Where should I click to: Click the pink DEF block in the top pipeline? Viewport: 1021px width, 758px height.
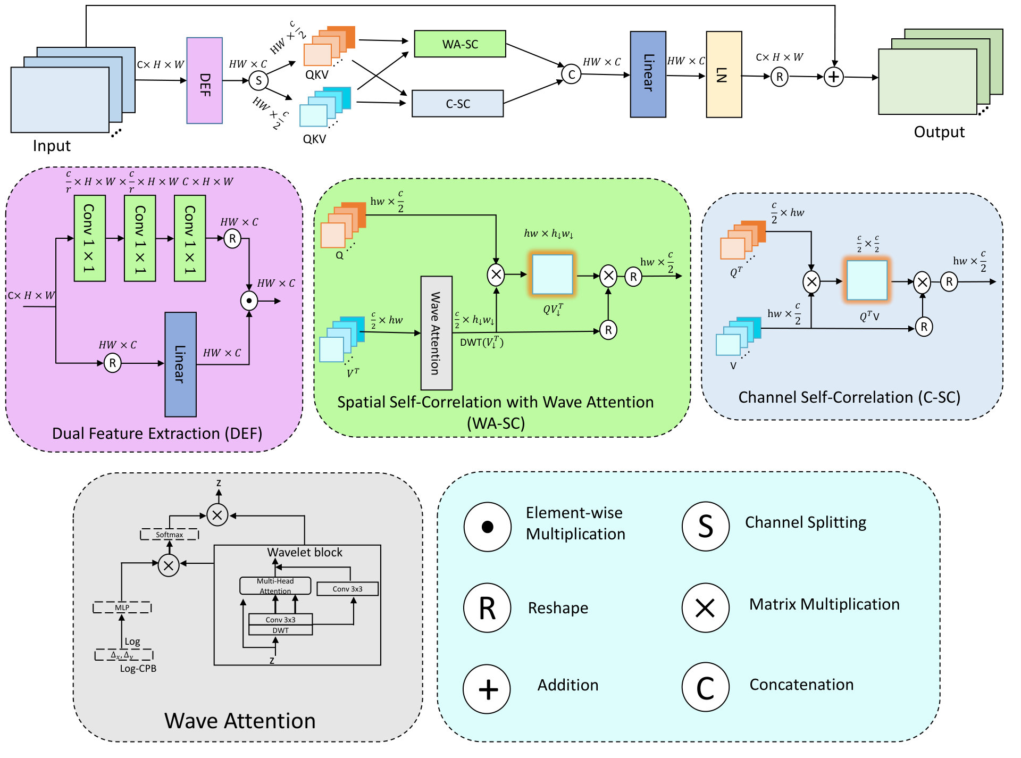tap(204, 80)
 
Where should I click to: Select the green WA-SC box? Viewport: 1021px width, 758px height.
tap(460, 44)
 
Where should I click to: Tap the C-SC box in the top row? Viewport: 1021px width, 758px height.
tap(458, 103)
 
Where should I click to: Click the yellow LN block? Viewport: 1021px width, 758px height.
tap(724, 74)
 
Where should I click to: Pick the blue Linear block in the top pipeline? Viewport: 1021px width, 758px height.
tap(648, 74)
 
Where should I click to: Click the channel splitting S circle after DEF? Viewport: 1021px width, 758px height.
tap(258, 81)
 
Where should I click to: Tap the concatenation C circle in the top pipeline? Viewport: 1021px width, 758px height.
tap(571, 74)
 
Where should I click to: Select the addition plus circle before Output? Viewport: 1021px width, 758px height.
tap(834, 77)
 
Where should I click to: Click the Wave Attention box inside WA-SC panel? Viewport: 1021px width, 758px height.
tap(437, 333)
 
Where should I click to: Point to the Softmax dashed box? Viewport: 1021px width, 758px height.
tap(170, 535)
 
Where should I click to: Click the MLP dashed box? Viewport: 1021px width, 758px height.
tap(122, 607)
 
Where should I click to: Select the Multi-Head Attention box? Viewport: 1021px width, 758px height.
tap(275, 586)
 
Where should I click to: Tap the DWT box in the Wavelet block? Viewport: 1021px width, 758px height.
tap(281, 630)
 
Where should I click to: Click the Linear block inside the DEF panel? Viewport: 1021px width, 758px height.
tap(180, 364)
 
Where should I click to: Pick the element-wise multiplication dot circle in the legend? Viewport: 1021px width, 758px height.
tap(487, 527)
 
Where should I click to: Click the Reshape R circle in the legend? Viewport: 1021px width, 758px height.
tap(487, 607)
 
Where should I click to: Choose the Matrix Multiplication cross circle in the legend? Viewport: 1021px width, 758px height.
tap(706, 607)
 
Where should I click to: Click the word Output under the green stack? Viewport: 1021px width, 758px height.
tap(939, 132)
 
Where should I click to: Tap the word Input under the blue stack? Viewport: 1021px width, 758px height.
tap(52, 146)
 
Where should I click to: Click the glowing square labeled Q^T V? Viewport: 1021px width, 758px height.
tap(867, 280)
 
